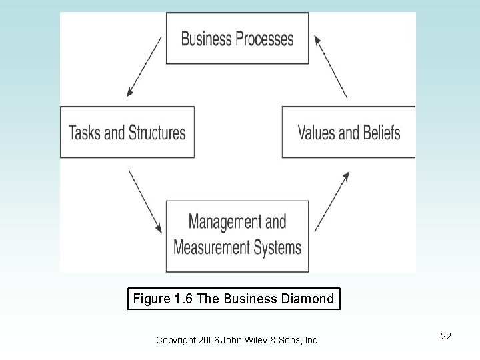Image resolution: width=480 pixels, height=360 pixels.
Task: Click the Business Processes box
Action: pos(237,38)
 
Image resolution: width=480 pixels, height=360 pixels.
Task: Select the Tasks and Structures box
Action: pos(127,132)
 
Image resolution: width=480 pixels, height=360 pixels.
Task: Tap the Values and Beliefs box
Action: pos(348,132)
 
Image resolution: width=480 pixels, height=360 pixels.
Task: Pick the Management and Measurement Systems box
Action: pos(237,234)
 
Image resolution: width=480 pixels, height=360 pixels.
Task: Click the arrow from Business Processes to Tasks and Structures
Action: pos(144,67)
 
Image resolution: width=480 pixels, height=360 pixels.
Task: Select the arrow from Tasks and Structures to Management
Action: pos(145,199)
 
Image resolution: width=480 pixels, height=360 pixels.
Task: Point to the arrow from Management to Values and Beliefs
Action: pos(331,201)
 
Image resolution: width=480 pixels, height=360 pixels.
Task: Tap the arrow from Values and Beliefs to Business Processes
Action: pos(331,66)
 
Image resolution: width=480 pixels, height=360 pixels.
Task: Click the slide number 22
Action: pos(446,336)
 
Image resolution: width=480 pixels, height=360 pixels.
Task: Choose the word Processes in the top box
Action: pos(263,39)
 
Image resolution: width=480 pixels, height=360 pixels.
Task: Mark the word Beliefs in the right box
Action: pos(381,132)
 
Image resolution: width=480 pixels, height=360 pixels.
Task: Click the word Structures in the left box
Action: pos(157,132)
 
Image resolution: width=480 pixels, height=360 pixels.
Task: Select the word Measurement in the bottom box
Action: pos(209,247)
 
